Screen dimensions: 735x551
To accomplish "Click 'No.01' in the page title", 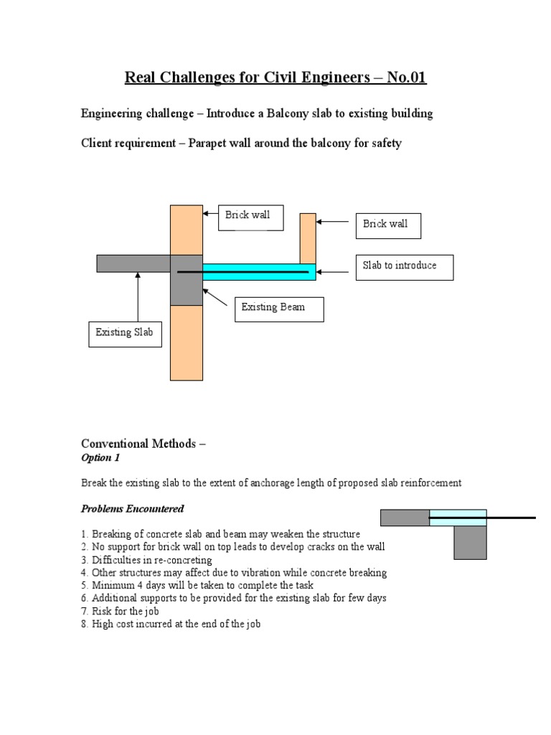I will point(407,78).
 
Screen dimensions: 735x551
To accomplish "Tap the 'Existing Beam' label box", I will point(280,308).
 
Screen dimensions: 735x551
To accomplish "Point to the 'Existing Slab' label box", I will point(125,333).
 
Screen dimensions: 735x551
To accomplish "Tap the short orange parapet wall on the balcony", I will point(308,238).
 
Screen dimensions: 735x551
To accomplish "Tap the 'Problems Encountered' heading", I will point(132,509).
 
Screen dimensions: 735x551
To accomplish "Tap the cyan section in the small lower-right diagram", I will point(458,518).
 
